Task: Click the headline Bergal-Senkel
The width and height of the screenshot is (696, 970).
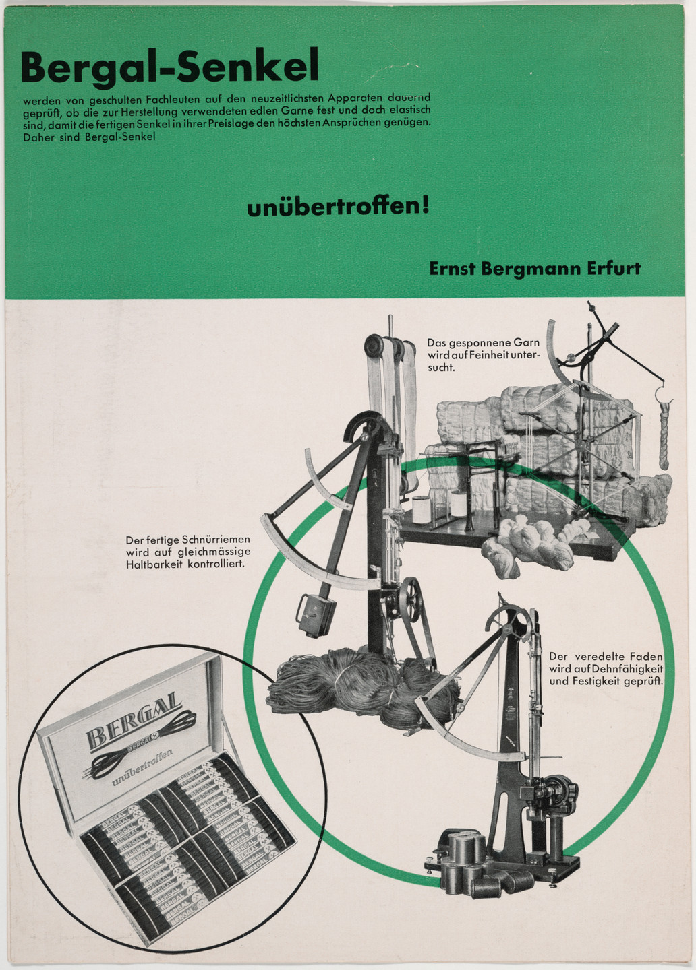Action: tap(169, 68)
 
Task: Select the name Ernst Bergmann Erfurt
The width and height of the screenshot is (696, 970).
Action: tap(534, 268)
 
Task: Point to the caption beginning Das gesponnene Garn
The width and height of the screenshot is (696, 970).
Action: tap(483, 354)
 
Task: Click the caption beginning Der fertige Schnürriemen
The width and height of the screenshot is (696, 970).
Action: tap(187, 551)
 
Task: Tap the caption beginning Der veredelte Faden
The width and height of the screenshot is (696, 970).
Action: tap(606, 668)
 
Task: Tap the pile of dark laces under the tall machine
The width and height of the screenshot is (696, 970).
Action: tap(351, 687)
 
